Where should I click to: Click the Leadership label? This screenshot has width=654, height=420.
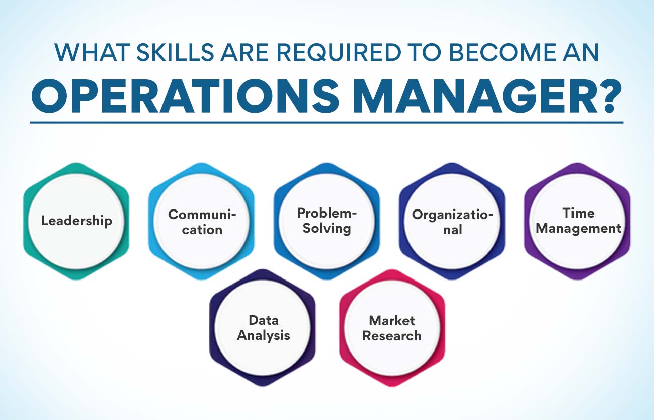[76, 221]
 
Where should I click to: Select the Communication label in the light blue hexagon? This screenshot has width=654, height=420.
[202, 222]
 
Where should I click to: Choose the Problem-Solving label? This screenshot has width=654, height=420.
[327, 221]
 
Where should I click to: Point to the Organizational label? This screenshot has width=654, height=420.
[452, 222]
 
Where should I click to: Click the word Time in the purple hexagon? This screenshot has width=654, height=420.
[579, 213]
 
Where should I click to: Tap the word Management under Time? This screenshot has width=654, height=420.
[579, 228]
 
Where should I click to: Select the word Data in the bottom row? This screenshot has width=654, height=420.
[264, 320]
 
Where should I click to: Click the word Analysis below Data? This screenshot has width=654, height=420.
[264, 335]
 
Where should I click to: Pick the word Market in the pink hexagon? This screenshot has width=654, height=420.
[392, 320]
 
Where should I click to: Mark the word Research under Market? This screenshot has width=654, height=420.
[392, 335]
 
